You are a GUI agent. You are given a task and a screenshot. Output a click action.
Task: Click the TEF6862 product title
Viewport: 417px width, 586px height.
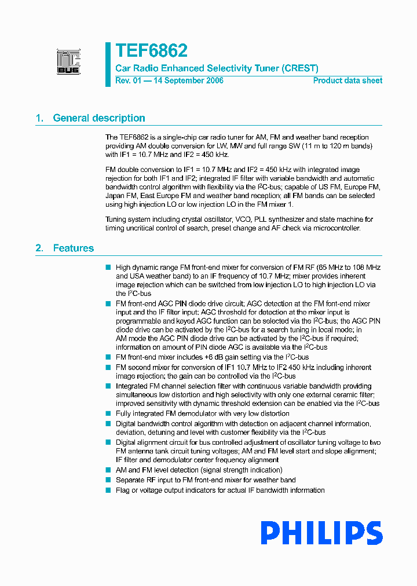[x=151, y=51]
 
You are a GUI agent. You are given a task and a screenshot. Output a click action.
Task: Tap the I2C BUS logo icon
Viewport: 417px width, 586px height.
[x=68, y=62]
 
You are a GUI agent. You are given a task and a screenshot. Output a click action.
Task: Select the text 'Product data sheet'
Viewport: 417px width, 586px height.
[x=348, y=80]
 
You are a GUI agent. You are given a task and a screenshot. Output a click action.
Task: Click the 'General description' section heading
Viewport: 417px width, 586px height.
[x=99, y=118]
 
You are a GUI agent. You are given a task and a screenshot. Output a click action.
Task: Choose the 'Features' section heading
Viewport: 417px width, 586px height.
[x=73, y=248]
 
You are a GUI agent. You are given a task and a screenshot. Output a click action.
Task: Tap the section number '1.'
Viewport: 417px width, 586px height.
[x=39, y=118]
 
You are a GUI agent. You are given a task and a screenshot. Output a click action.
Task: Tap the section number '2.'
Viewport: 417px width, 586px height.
[x=39, y=248]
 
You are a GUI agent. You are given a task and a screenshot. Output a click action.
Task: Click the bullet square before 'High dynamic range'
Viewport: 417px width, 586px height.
[x=108, y=268]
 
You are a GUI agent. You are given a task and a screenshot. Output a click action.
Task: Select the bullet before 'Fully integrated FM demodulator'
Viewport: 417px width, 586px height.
[x=108, y=413]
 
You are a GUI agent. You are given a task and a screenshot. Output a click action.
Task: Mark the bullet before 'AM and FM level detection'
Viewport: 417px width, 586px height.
[x=108, y=470]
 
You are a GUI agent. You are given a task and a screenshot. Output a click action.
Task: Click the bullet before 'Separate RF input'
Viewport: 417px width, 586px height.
[x=108, y=480]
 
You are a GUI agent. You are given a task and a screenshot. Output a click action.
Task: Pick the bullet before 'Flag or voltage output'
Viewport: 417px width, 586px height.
[x=108, y=490]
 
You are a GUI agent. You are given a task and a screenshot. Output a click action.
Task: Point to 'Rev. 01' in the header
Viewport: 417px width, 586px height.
[x=128, y=80]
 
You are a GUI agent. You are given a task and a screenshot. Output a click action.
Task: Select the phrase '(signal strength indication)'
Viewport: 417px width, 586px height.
[x=239, y=470]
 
